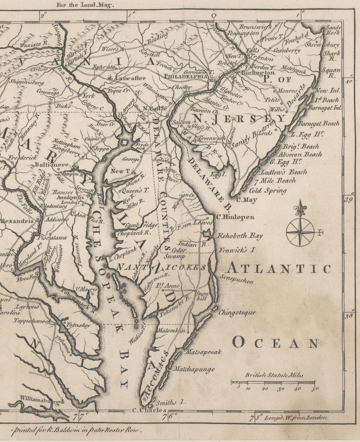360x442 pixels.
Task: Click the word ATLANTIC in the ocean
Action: tap(279, 269)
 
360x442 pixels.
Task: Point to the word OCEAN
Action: tap(276, 343)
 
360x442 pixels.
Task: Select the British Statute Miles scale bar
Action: tap(275, 383)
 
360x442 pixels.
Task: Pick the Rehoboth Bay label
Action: tap(240, 237)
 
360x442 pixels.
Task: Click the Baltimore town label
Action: tap(52, 165)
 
